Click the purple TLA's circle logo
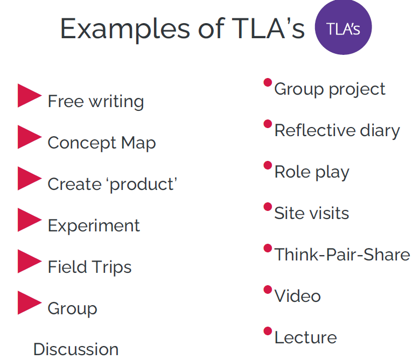pyautogui.click(x=343, y=27)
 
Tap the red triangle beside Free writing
pyautogui.click(x=30, y=96)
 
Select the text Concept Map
pyautogui.click(x=102, y=143)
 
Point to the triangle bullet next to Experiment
pyautogui.click(x=30, y=220)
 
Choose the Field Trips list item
pyautogui.click(x=89, y=267)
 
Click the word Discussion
pyautogui.click(x=76, y=349)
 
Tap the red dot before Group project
pyautogui.click(x=268, y=82)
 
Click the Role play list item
pyautogui.click(x=312, y=172)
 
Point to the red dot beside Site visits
pyautogui.click(x=268, y=207)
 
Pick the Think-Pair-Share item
pyautogui.click(x=342, y=255)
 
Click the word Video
pyautogui.click(x=298, y=296)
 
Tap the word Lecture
pyautogui.click(x=306, y=337)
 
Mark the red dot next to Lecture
pyautogui.click(x=268, y=331)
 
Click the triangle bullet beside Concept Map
pyautogui.click(x=30, y=137)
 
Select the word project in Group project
pyautogui.click(x=357, y=89)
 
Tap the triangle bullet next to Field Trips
pyautogui.click(x=30, y=261)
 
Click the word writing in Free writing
pyautogui.click(x=116, y=102)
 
